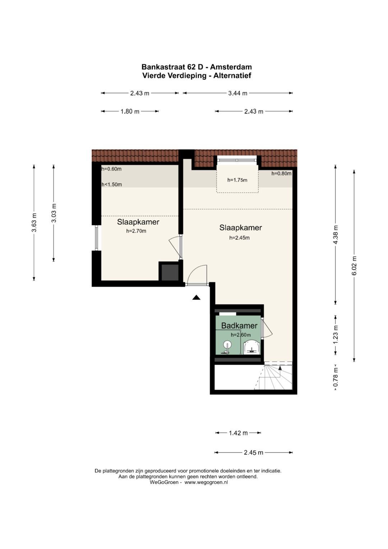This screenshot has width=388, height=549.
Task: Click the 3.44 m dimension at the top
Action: (237, 93)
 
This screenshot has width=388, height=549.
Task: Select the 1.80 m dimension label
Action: (130, 111)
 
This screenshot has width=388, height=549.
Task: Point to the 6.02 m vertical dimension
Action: (354, 266)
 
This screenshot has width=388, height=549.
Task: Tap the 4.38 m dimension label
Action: (336, 235)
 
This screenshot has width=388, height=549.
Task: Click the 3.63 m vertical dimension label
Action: (34, 223)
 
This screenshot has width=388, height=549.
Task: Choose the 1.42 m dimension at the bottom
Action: (238, 433)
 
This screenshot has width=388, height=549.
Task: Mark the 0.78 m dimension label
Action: (336, 378)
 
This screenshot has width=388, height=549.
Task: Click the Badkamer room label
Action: (239, 326)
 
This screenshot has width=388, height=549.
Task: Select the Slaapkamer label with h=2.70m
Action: (138, 222)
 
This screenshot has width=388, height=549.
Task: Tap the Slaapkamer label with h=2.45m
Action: (240, 228)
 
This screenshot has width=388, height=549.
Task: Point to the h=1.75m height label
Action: (237, 180)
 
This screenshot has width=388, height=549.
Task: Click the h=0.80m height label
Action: (281, 173)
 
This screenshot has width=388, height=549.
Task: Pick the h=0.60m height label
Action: (111, 169)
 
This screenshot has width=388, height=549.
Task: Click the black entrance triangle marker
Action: (196, 297)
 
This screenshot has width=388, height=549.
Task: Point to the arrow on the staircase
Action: (280, 368)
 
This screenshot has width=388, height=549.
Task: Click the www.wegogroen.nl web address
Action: (206, 482)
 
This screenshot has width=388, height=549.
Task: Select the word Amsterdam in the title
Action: (231, 67)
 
